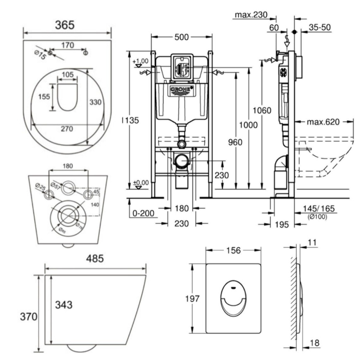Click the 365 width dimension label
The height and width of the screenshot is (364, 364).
(65, 25)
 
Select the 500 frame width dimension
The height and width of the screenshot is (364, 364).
(182, 37)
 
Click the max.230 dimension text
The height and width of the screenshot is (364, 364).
(251, 15)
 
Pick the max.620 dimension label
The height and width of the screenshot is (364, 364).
(323, 122)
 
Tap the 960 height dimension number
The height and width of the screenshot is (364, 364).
(235, 142)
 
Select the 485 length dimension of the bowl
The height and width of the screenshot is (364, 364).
(95, 259)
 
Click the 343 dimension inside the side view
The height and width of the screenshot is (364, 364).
(64, 305)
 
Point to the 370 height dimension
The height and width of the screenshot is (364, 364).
(29, 317)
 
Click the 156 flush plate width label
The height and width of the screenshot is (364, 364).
(233, 250)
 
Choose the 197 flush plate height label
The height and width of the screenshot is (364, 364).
(192, 299)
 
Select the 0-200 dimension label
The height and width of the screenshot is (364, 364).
(144, 213)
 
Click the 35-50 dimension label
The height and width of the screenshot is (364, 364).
(319, 27)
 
